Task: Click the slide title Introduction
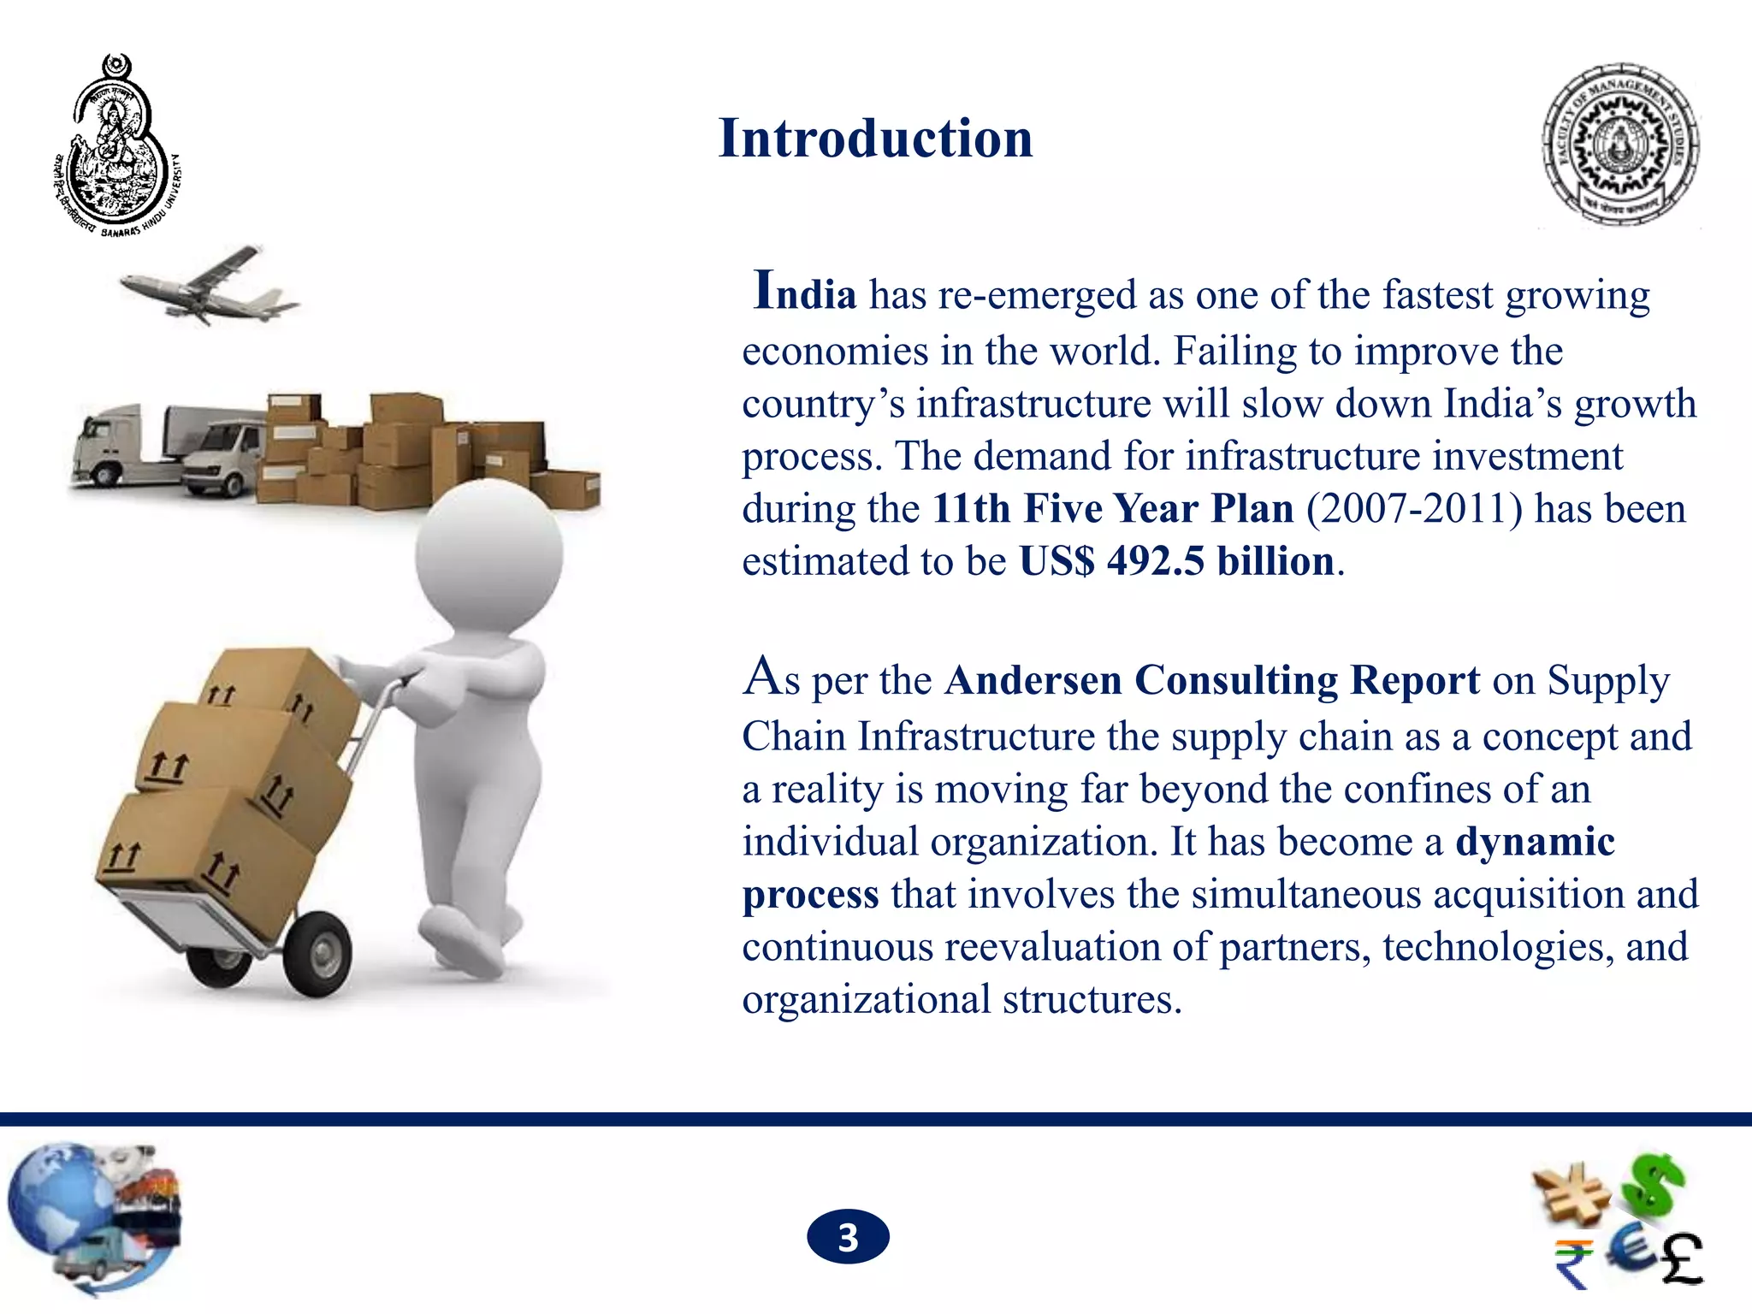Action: (x=875, y=139)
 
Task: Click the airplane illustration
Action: (x=209, y=284)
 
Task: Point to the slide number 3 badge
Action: (x=848, y=1237)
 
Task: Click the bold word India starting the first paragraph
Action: (x=805, y=293)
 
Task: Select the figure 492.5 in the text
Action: (x=1156, y=562)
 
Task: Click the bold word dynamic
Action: (x=1535, y=842)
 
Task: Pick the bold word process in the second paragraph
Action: (x=810, y=895)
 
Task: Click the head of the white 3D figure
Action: (x=488, y=555)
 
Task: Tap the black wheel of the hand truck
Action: (x=317, y=953)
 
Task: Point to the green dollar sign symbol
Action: (x=1656, y=1185)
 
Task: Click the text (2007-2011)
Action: (x=1414, y=509)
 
